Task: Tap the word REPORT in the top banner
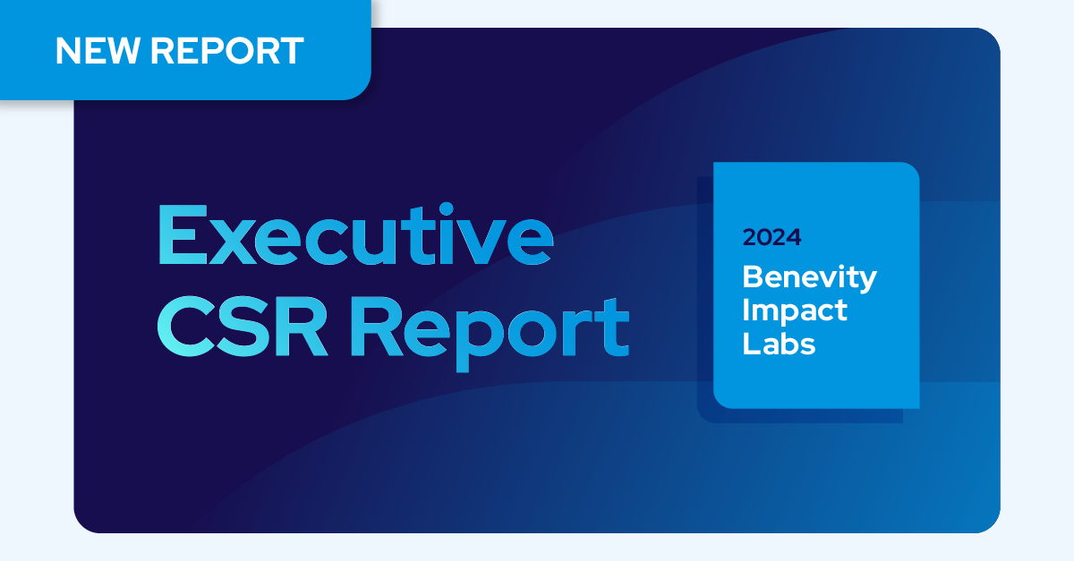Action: [227, 50]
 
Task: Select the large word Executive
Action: [356, 234]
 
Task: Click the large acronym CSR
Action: [243, 326]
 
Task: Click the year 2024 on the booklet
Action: [771, 237]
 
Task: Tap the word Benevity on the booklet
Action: [809, 277]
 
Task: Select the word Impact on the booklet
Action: [795, 311]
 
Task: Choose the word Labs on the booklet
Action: [779, 344]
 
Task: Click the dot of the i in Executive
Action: [446, 209]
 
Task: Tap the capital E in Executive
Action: [183, 234]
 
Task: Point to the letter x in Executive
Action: [233, 242]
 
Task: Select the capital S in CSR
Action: [243, 326]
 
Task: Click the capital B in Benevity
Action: [754, 276]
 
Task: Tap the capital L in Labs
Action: [751, 344]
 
